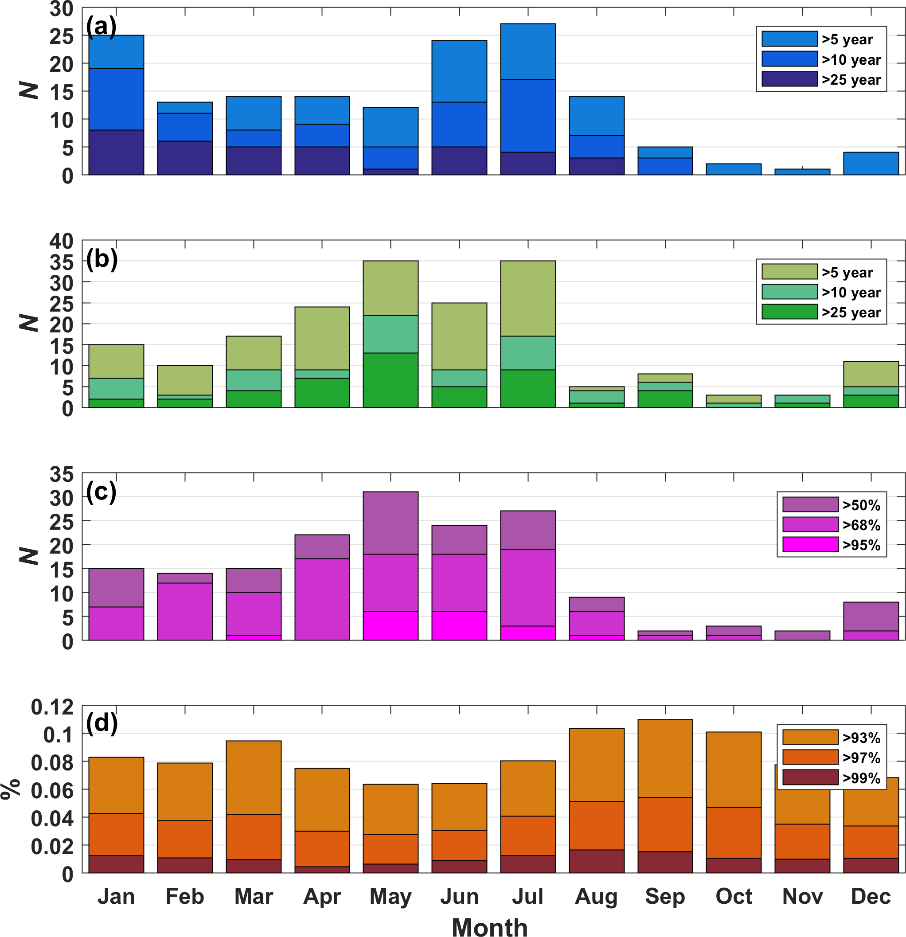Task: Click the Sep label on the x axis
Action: coord(664,896)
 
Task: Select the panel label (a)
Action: coord(101,26)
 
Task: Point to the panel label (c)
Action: coord(101,491)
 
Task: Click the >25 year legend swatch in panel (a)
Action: coord(789,79)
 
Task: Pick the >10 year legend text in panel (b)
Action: coord(851,292)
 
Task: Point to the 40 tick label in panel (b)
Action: coord(61,242)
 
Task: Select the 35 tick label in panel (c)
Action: coord(61,474)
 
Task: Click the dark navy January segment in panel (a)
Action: coord(116,152)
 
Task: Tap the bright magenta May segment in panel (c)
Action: coord(391,625)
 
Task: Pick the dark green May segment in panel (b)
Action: coord(391,380)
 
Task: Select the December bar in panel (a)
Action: coord(871,164)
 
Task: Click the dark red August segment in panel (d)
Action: coord(596,861)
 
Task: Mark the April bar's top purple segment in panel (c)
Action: coord(322,547)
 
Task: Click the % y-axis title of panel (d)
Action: coord(11,789)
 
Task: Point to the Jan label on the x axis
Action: coord(116,896)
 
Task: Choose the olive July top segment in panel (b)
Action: coord(528,298)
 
